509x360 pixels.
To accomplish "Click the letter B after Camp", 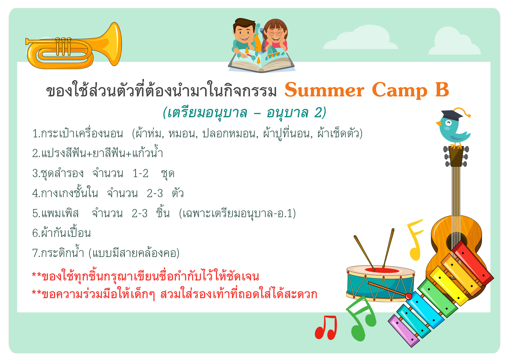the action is point(442,90).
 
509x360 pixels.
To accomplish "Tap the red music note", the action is point(326,327).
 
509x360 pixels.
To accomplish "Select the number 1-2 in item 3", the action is point(140,173).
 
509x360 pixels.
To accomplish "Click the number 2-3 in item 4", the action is point(155,193).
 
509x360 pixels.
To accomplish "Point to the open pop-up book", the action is point(262,61).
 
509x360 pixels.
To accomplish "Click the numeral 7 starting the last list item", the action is point(35,253).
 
